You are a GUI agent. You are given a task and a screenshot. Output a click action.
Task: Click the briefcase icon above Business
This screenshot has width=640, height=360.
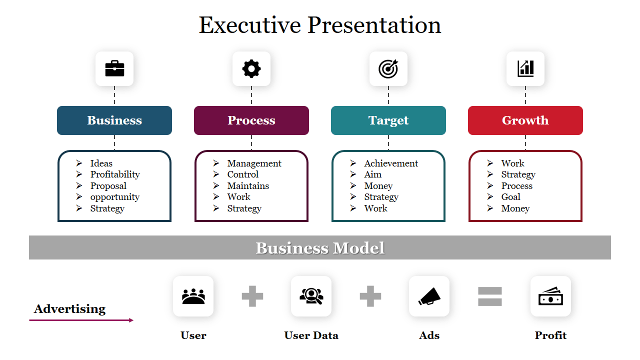(x=114, y=68)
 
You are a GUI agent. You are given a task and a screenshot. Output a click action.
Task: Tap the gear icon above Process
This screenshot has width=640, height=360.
(x=251, y=68)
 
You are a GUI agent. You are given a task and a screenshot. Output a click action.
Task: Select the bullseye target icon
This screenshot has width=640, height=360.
(x=388, y=68)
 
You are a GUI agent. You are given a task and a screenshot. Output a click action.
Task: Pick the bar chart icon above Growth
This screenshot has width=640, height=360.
(x=525, y=68)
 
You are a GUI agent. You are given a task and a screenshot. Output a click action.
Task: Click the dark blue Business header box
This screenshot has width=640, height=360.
(x=114, y=120)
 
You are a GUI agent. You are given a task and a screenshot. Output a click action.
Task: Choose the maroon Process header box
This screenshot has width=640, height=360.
(x=251, y=120)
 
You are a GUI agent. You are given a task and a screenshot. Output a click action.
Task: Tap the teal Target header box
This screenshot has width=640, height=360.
(x=388, y=120)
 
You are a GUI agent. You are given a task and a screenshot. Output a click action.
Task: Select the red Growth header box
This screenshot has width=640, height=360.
(x=525, y=120)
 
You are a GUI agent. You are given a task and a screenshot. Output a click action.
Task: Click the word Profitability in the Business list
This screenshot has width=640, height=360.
(x=115, y=174)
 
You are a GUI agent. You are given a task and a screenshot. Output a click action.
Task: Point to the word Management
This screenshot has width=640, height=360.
(x=254, y=163)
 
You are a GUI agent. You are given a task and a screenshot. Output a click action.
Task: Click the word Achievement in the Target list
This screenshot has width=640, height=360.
(x=391, y=163)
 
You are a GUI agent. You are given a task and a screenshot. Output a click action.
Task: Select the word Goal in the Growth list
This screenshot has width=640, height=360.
(x=510, y=197)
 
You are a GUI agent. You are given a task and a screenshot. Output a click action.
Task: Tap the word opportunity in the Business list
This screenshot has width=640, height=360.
(x=115, y=197)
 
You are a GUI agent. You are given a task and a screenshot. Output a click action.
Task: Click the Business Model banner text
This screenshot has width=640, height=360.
(x=320, y=248)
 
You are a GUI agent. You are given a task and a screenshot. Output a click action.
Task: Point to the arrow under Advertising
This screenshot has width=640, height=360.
(x=81, y=320)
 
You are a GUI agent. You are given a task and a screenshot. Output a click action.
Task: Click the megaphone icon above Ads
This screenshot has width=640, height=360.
(x=429, y=296)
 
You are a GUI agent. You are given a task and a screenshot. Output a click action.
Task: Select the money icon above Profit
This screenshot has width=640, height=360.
(x=550, y=297)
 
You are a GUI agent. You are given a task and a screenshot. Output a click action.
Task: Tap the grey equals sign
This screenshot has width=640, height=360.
(x=490, y=296)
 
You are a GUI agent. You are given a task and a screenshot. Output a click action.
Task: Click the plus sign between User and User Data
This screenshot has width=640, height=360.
(x=252, y=296)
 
